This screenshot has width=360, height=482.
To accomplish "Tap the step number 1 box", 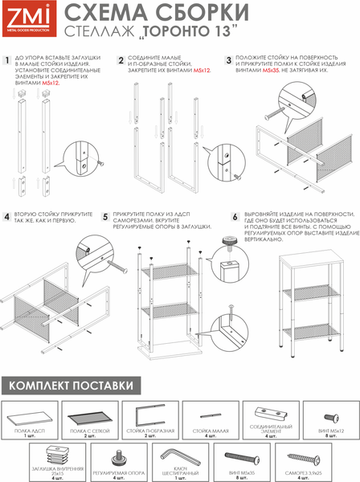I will pos(8,59).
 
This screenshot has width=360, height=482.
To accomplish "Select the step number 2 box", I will pos(121,59).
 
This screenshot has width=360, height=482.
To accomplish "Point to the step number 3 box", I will pos(229,59).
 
